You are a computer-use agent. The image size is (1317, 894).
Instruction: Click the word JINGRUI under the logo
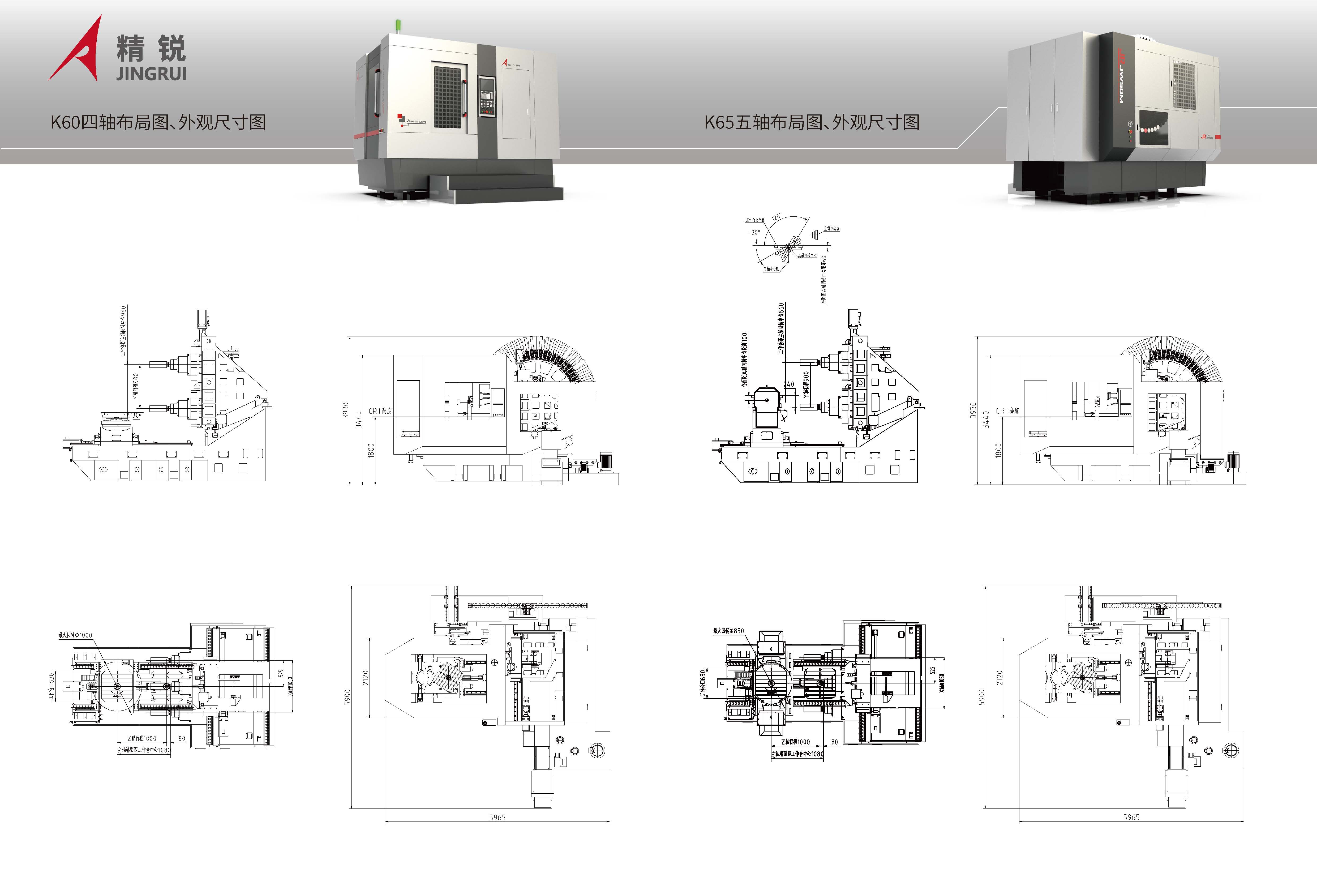[151, 74]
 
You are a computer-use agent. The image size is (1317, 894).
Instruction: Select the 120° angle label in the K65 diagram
[777, 217]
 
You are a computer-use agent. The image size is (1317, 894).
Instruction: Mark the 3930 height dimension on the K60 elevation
[345, 410]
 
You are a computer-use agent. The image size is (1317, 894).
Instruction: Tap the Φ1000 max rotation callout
[75, 635]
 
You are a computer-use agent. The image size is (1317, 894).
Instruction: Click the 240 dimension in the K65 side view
[788, 384]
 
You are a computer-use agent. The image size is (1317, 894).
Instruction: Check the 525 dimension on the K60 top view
[281, 673]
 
